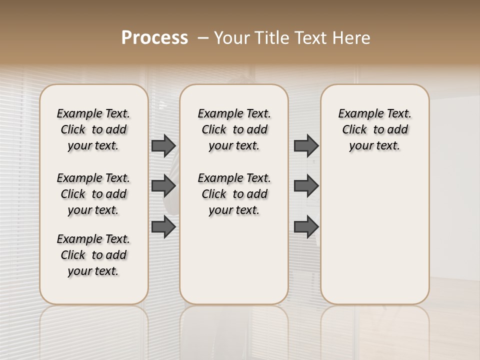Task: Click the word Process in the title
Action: click(154, 38)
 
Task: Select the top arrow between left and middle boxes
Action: click(163, 145)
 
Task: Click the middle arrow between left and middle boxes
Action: click(163, 186)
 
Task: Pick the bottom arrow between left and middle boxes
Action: click(163, 226)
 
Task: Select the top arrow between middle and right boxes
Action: click(306, 145)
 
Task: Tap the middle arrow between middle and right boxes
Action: click(306, 186)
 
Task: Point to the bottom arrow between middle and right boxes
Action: click(306, 226)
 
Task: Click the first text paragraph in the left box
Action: click(93, 129)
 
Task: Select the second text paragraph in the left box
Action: click(93, 194)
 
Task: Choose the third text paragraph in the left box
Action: click(93, 255)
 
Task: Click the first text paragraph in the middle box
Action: click(234, 129)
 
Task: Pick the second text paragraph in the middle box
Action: click(234, 194)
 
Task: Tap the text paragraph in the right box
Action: click(374, 129)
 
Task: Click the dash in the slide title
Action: click(203, 38)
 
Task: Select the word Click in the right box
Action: click(354, 130)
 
